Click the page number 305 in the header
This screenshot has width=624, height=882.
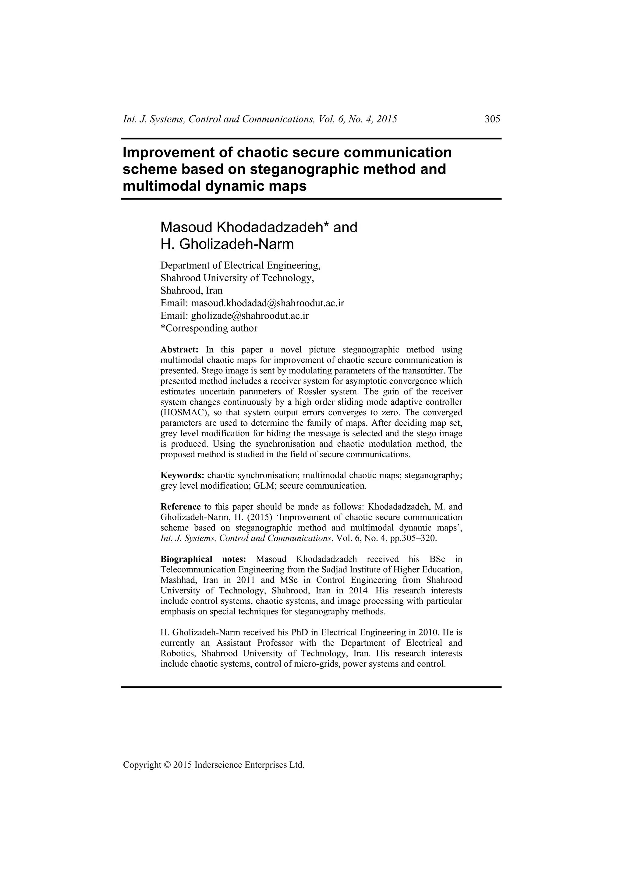click(492, 119)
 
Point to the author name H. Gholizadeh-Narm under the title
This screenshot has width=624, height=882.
click(227, 244)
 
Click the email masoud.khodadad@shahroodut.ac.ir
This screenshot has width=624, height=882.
click(267, 304)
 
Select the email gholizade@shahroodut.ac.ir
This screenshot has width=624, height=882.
click(250, 316)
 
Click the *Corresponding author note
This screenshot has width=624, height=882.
click(209, 329)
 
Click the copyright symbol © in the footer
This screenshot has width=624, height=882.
click(167, 765)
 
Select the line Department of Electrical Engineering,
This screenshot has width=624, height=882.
click(240, 265)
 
